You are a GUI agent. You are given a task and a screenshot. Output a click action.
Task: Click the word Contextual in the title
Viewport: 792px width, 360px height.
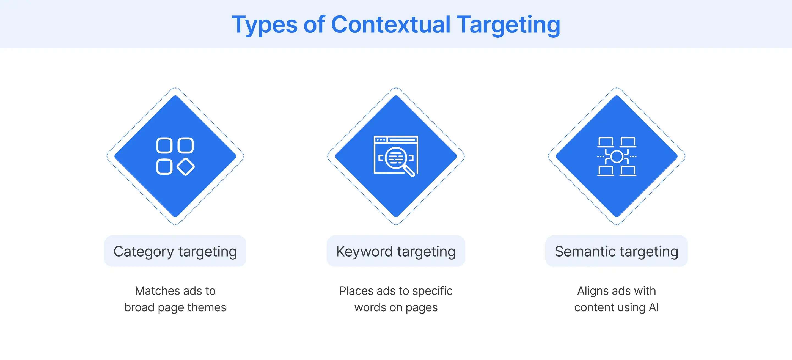pyautogui.click(x=391, y=24)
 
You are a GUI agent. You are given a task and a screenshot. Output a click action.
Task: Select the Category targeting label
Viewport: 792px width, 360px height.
pyautogui.click(x=175, y=251)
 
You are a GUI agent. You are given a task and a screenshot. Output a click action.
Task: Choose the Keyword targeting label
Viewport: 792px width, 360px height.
pyautogui.click(x=396, y=251)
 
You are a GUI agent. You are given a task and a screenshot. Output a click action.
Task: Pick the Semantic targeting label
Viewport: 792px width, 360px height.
pyautogui.click(x=617, y=251)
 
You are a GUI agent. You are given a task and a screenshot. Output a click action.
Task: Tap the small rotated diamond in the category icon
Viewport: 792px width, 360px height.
pyautogui.click(x=185, y=167)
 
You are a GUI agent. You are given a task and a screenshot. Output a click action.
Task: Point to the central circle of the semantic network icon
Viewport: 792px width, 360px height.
pyautogui.click(x=617, y=156)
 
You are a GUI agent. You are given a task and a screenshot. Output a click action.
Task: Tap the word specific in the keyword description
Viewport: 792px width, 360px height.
pyautogui.click(x=432, y=291)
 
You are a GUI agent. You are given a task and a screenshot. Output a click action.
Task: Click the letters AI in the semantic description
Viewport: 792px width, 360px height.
pyautogui.click(x=654, y=307)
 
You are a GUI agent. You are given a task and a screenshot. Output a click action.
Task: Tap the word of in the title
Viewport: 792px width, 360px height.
pyautogui.click(x=314, y=24)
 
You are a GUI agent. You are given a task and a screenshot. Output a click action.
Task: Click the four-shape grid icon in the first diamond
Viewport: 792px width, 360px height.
pyautogui.click(x=175, y=156)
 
